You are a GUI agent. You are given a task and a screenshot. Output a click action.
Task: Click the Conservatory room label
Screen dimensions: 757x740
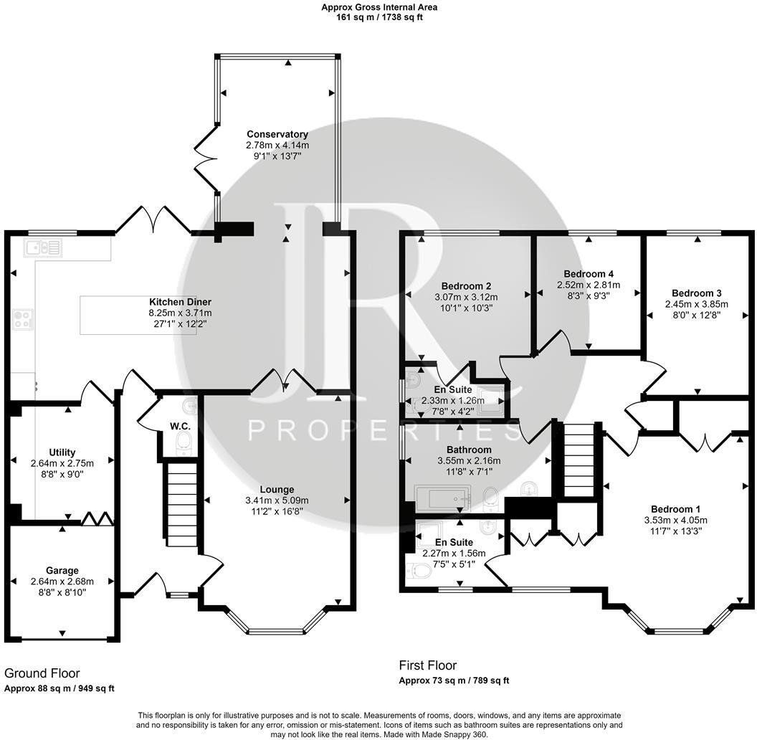(x=277, y=134)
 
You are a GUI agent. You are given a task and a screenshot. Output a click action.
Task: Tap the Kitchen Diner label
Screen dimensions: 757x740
(x=180, y=302)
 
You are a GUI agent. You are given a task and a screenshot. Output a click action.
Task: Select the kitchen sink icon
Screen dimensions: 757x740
(x=42, y=248)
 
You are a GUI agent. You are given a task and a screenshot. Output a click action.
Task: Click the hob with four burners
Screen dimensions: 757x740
(x=23, y=319)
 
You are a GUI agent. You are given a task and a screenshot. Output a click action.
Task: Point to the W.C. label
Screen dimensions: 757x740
(x=180, y=427)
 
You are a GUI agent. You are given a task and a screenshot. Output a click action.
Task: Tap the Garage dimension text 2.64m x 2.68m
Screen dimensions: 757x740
(x=62, y=582)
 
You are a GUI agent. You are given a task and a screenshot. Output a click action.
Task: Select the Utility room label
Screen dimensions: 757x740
(x=62, y=452)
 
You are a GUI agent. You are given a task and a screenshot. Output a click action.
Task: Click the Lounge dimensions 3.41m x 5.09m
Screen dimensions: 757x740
(x=277, y=501)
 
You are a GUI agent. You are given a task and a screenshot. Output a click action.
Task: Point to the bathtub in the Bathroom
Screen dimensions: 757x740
(x=442, y=498)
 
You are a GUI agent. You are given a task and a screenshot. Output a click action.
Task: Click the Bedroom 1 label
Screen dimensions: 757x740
(x=675, y=509)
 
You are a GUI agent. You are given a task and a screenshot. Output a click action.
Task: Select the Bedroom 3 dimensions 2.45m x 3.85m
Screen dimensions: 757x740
(x=697, y=304)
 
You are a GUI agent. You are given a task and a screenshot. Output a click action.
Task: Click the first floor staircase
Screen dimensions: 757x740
(x=578, y=460)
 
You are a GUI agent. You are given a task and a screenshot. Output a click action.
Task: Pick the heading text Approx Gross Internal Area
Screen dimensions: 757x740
(x=379, y=7)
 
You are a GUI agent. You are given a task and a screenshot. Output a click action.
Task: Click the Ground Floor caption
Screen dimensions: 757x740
(x=42, y=673)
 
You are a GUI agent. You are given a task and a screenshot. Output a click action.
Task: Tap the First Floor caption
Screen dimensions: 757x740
(x=428, y=665)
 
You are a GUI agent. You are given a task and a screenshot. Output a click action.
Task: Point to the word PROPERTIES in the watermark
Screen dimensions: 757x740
(x=384, y=430)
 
